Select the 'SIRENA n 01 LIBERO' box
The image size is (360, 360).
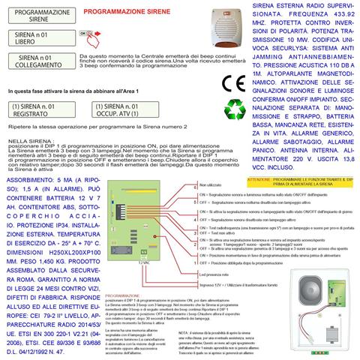34,38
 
